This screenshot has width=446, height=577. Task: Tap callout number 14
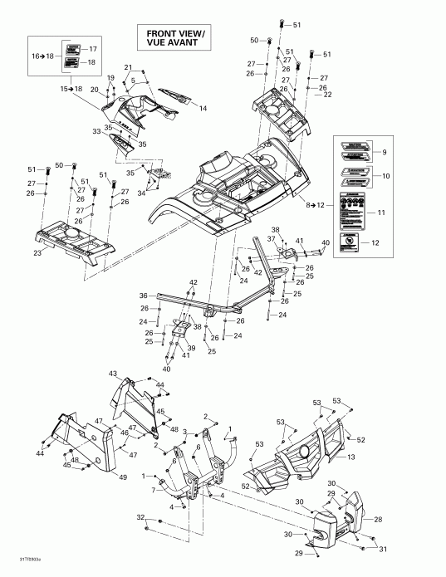(x=202, y=109)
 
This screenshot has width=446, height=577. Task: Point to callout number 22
(x=327, y=95)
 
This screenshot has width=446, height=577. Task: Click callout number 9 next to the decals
(x=384, y=152)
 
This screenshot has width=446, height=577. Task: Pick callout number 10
(x=384, y=176)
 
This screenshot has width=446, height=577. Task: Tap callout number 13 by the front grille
(x=351, y=457)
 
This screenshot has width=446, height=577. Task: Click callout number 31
(x=383, y=549)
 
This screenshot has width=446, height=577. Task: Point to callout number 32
(x=140, y=516)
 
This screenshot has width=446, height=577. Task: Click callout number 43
(x=113, y=374)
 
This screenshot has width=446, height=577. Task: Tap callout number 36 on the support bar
(x=143, y=296)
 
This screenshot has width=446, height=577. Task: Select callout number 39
(x=191, y=349)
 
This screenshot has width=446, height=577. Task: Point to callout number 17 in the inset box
(x=92, y=49)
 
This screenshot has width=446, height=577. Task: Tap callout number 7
(x=154, y=491)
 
